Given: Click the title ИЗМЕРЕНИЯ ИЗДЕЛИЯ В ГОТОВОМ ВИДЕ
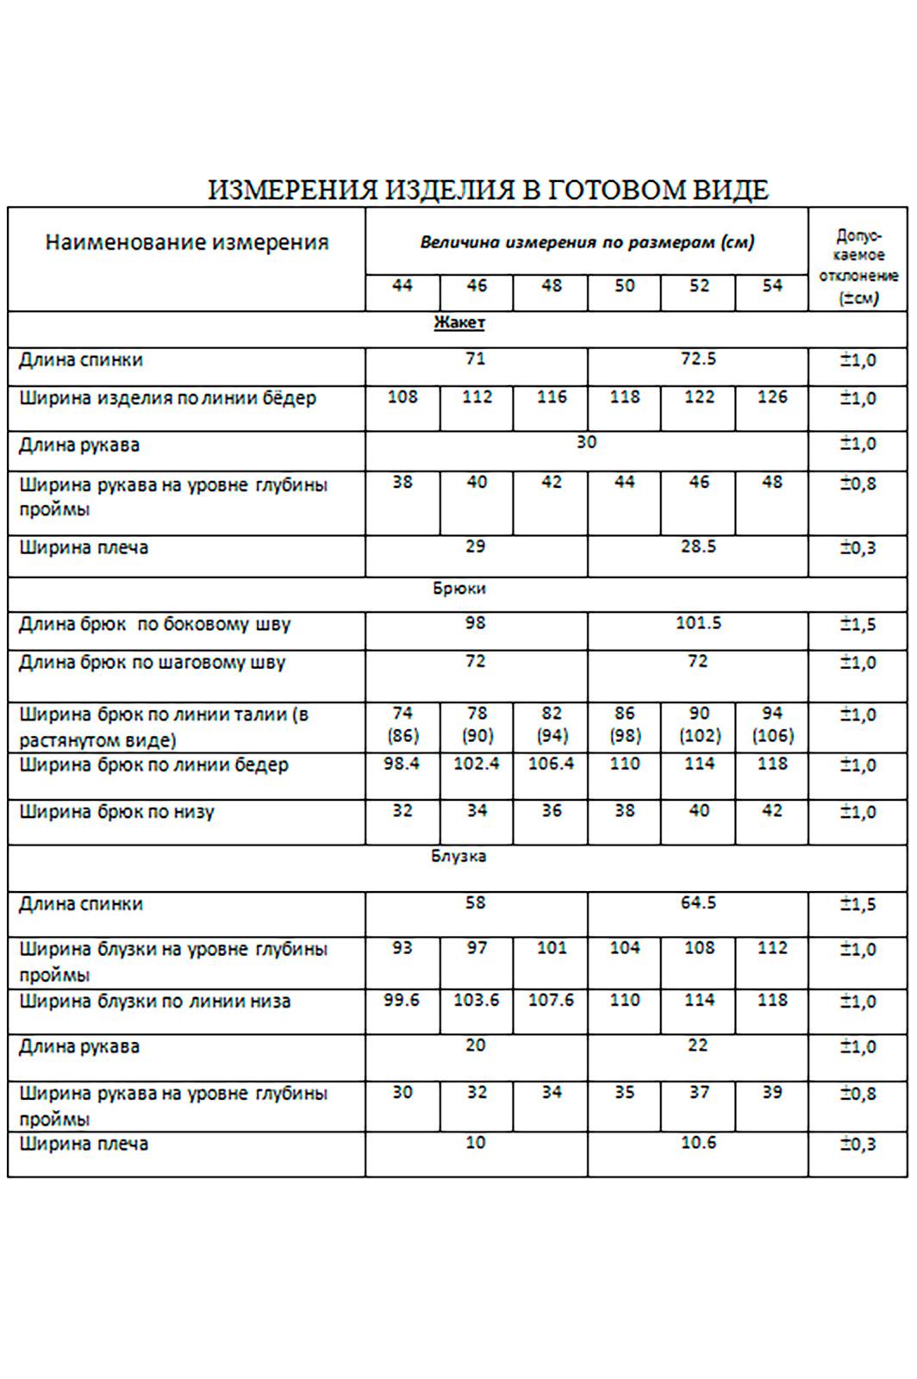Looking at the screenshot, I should (x=488, y=190).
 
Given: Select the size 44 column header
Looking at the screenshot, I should (x=402, y=285).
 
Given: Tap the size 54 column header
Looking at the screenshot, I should (x=772, y=285).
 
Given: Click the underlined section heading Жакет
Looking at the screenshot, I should (x=459, y=322).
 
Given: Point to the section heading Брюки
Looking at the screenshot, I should (x=459, y=589).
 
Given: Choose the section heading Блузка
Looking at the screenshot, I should (x=459, y=856).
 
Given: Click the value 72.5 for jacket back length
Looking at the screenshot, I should (x=698, y=359).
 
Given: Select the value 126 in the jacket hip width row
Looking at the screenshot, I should (x=772, y=397).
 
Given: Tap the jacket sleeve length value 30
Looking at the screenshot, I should (x=586, y=442).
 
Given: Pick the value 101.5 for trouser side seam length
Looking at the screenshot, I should (x=698, y=622).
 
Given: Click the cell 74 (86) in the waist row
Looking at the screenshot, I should (x=402, y=725).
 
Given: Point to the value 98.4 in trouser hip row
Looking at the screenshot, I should (x=402, y=764).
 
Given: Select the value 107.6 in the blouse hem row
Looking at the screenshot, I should (x=551, y=1001).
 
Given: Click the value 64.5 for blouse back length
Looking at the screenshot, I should (x=698, y=903).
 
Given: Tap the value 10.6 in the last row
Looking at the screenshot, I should (x=698, y=1143).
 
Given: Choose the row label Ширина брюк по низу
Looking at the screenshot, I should (x=116, y=812).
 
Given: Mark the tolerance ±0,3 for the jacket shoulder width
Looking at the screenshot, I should (x=858, y=548).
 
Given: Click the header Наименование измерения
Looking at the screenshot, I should (x=187, y=242).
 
